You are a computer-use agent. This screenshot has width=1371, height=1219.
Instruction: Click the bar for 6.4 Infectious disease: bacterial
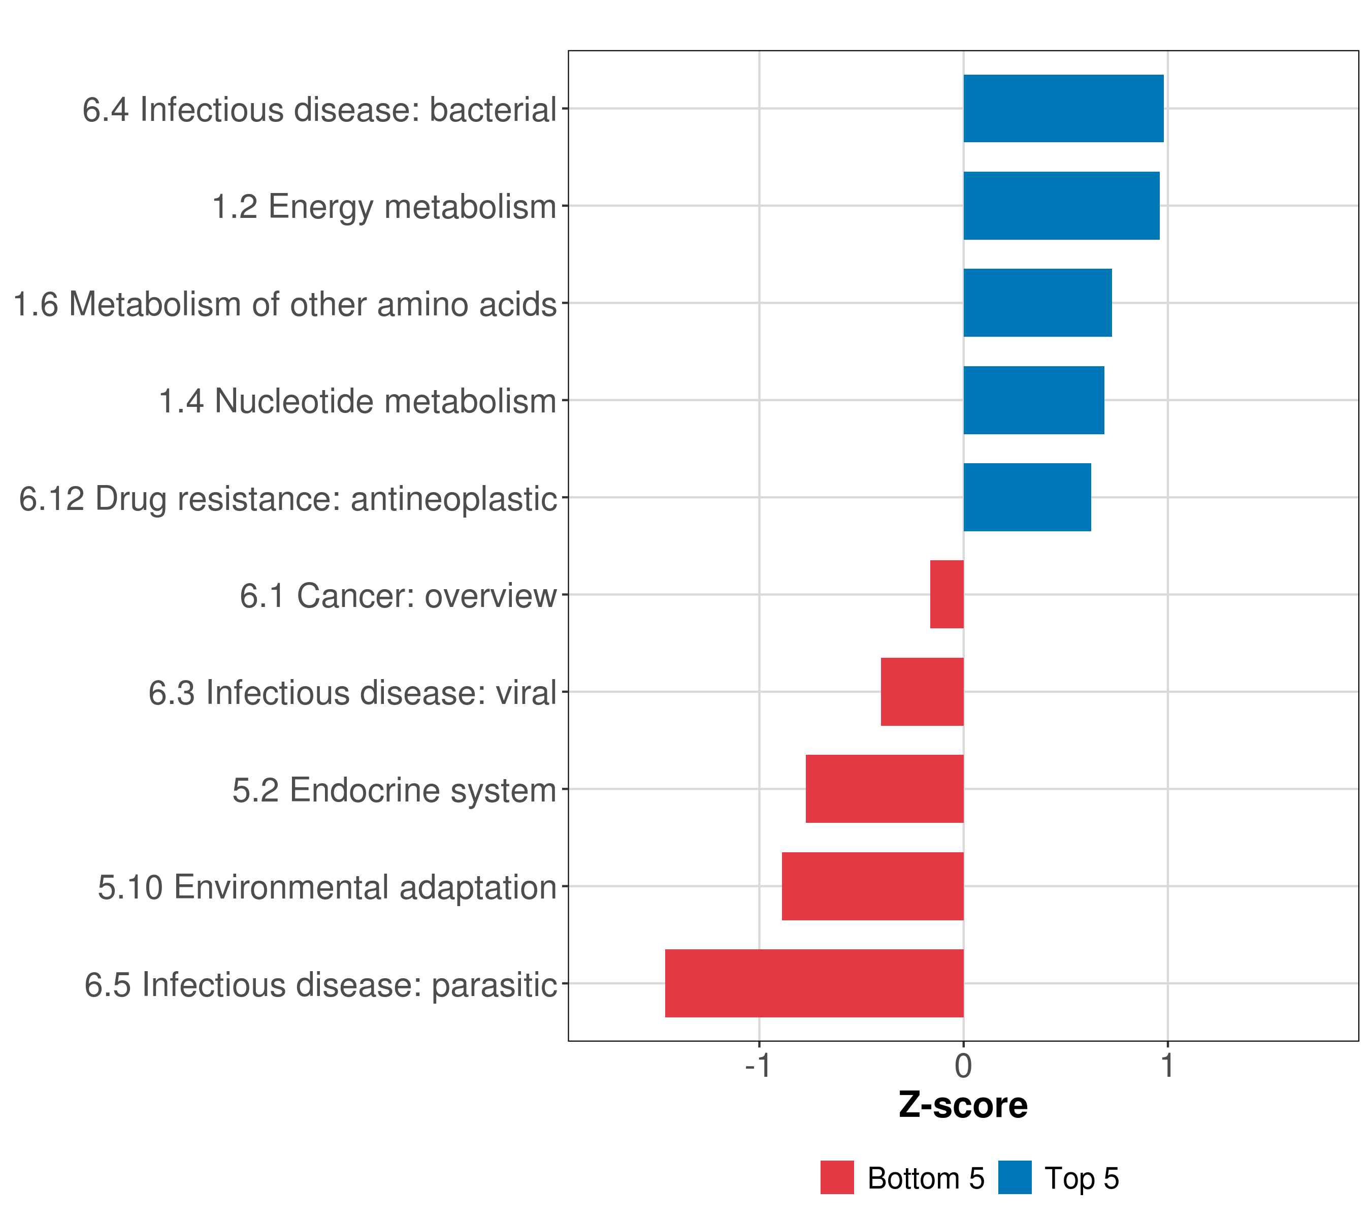[x=1063, y=108]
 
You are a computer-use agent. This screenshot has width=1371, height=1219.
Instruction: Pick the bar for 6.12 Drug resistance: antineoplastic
[x=1027, y=497]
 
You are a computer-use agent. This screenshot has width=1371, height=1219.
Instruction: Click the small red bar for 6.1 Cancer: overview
[x=946, y=594]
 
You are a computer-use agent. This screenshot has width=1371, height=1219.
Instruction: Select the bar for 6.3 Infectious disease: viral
[x=922, y=692]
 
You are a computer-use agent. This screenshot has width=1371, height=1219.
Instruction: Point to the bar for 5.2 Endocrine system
[x=884, y=788]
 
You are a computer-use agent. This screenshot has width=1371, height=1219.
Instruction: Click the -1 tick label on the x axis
[x=759, y=1066]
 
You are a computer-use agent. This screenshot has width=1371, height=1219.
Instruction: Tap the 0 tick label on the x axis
[x=963, y=1066]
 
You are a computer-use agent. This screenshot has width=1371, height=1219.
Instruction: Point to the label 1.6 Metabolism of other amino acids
[x=285, y=304]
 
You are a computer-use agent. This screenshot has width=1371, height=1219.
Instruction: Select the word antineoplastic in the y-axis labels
[x=453, y=499]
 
